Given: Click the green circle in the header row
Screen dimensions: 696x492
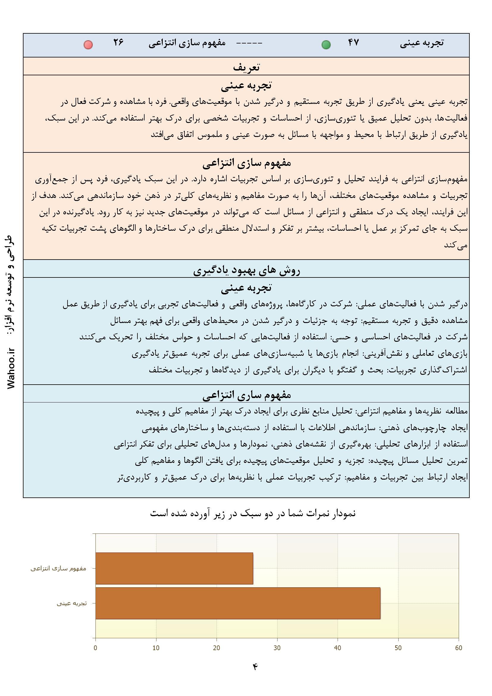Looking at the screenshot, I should pyautogui.click(x=326, y=45).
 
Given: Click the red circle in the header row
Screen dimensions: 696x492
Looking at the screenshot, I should pyautogui.click(x=88, y=45).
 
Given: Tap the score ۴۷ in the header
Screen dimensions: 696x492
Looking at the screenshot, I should pyautogui.click(x=353, y=43).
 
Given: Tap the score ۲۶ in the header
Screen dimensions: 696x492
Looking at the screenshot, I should pyautogui.click(x=118, y=43).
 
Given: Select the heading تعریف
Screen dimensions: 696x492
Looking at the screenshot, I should pyautogui.click(x=246, y=67).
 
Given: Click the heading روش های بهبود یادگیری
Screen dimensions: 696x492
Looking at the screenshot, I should pyautogui.click(x=246, y=270).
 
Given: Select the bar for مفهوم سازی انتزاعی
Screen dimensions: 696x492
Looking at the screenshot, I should pyautogui.click(x=174, y=568).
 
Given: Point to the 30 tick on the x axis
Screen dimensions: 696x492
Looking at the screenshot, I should pyautogui.click(x=277, y=648).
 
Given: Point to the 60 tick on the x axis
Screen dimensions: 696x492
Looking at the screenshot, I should pyautogui.click(x=458, y=648).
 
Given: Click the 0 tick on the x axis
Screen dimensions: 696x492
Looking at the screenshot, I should pyautogui.click(x=96, y=648).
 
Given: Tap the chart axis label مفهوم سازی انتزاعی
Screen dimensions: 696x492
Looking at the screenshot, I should pyautogui.click(x=58, y=568).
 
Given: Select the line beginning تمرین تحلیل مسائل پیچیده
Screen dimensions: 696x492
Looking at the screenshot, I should pyautogui.click(x=301, y=461).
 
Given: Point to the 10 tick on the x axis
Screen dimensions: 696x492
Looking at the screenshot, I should pyautogui.click(x=156, y=648).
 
